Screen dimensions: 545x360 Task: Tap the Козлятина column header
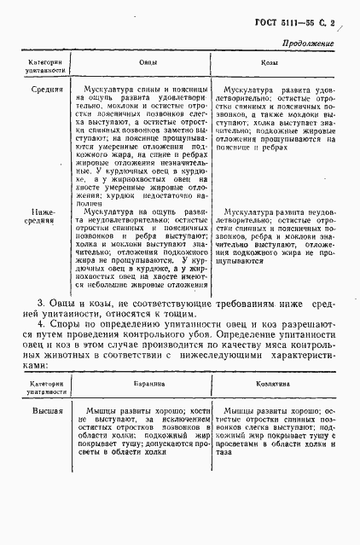coord(267,386)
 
